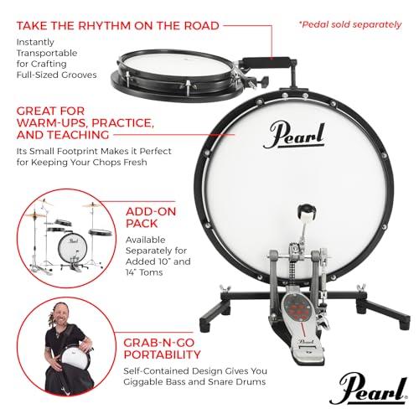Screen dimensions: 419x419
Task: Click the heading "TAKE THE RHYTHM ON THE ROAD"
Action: (116, 25)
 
